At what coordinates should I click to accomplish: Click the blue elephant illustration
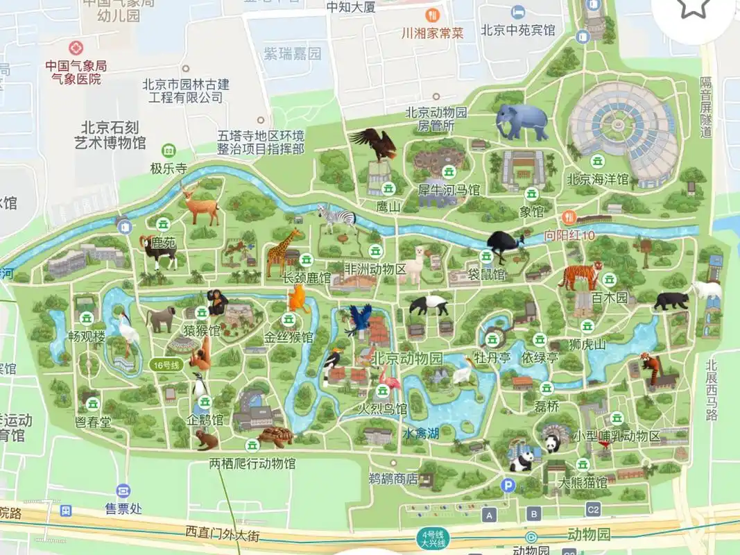click(522, 122)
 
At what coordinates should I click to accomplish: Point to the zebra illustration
click(338, 218)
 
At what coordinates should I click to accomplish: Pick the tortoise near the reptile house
click(275, 437)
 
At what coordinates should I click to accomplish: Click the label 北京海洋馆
click(598, 180)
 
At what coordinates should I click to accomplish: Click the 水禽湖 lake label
click(421, 434)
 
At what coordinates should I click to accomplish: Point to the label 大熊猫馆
click(583, 482)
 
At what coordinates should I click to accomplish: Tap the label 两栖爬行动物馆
click(252, 463)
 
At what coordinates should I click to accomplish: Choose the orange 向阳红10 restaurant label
click(569, 235)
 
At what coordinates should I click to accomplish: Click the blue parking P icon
click(508, 486)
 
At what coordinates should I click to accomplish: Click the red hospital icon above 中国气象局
click(75, 49)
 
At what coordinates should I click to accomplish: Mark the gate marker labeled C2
click(593, 510)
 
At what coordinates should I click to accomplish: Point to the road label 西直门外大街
click(222, 532)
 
